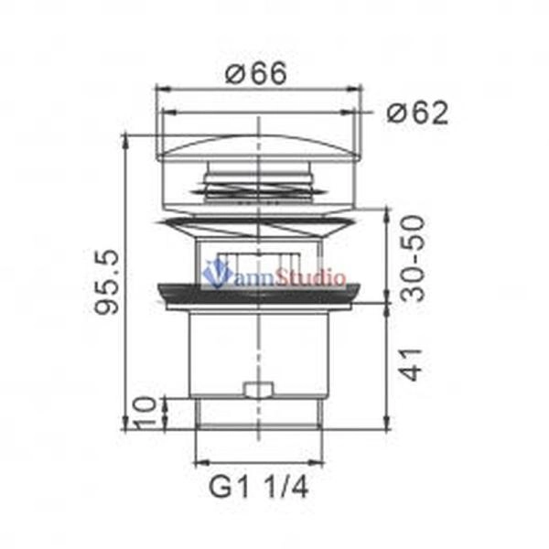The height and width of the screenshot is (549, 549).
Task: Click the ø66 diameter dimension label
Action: point(256,73)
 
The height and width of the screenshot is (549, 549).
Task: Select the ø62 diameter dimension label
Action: point(417,113)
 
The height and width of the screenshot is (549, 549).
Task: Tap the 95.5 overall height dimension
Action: point(107,282)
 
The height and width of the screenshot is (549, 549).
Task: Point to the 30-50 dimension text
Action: point(413,258)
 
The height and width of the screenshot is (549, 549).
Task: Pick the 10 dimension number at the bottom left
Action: point(144,413)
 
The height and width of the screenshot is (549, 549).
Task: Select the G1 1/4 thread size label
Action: point(259,487)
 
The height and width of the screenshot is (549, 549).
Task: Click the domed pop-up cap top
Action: point(259,147)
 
